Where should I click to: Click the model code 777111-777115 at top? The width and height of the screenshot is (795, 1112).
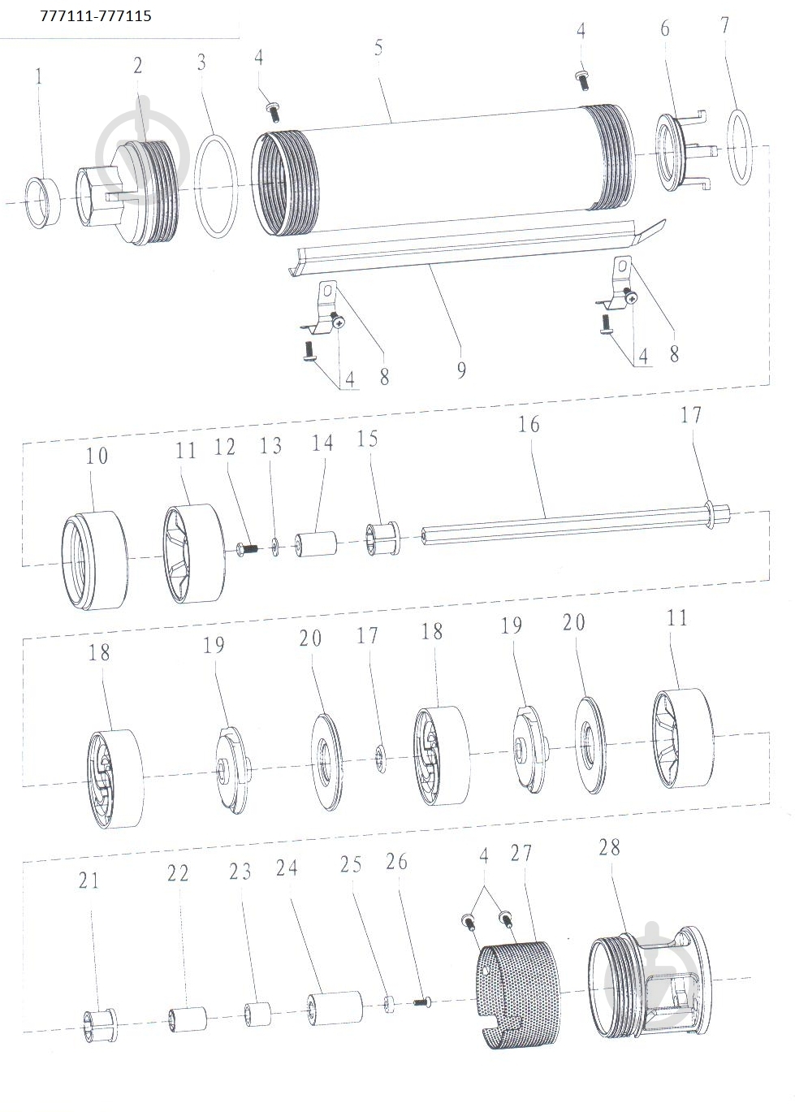tap(96, 16)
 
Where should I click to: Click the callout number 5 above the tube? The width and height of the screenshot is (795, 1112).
tap(378, 47)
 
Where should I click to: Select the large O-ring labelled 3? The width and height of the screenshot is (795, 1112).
tap(216, 188)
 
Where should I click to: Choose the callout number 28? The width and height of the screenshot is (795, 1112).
tap(609, 847)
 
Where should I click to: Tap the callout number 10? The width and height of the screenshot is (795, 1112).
tap(97, 456)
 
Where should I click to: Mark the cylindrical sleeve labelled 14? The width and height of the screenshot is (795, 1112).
tap(315, 544)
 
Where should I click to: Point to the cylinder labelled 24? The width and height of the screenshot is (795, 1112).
tap(335, 1008)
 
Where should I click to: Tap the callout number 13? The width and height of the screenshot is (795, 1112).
tap(270, 446)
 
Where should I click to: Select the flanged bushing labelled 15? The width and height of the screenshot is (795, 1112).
tap(382, 539)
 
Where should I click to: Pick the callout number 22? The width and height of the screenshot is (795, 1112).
tap(178, 873)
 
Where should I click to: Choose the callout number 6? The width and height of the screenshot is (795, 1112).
tap(665, 28)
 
